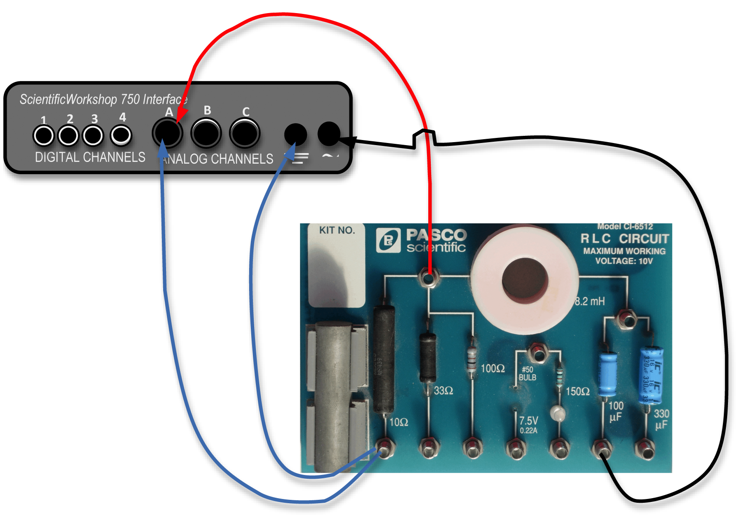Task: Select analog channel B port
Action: click(x=206, y=133)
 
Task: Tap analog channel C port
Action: click(x=244, y=133)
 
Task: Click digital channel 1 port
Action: click(x=43, y=135)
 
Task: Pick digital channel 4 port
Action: click(x=121, y=135)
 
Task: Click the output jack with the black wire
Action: click(x=328, y=133)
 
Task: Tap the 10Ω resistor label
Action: click(x=398, y=422)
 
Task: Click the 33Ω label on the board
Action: click(x=443, y=391)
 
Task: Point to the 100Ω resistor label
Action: click(x=493, y=368)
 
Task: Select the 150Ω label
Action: click(x=577, y=391)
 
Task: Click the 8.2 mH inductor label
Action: click(x=590, y=301)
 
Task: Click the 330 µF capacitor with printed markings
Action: click(x=651, y=375)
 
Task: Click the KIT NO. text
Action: click(x=337, y=230)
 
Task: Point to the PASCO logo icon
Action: click(x=388, y=240)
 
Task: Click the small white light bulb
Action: click(x=558, y=413)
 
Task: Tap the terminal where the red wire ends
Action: click(x=429, y=278)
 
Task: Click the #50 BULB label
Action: click(x=527, y=373)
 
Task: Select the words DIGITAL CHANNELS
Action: click(x=90, y=157)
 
